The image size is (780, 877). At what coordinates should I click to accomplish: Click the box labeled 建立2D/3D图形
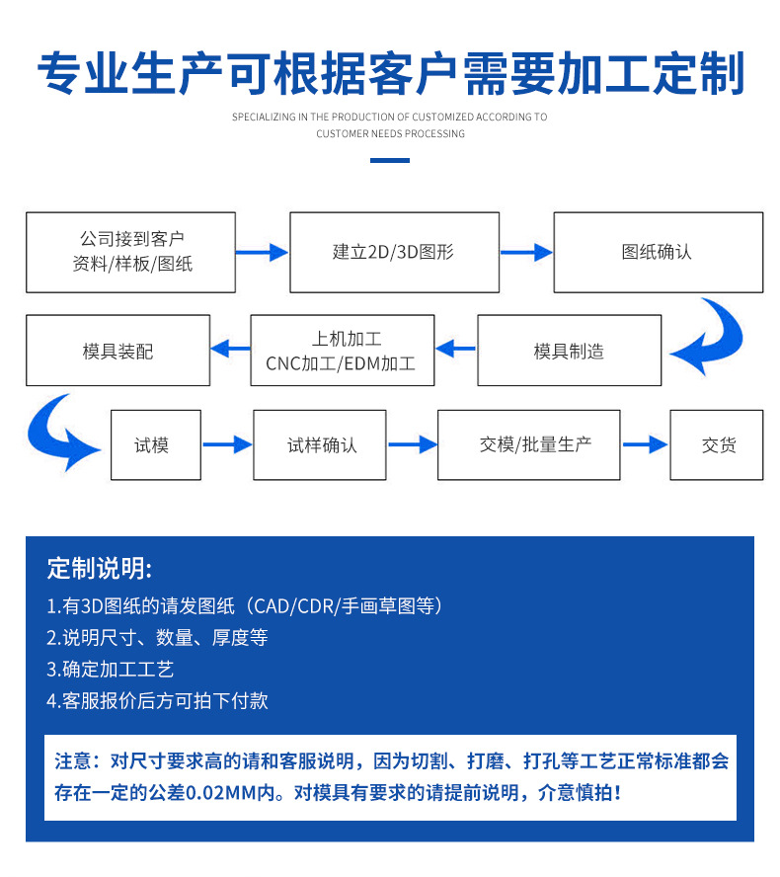pos(394,252)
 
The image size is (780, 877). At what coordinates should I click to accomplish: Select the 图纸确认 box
pos(658,252)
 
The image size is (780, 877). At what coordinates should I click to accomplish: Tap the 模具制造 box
pos(569,351)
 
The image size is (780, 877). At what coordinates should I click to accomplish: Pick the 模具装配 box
pos(117,351)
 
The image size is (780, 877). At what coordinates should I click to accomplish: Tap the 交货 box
pos(718,445)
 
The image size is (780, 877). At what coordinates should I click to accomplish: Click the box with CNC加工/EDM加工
pos(341,351)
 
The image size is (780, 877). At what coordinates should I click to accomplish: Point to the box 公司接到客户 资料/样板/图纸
pos(130,252)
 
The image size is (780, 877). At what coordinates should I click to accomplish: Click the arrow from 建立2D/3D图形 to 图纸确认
pos(525,252)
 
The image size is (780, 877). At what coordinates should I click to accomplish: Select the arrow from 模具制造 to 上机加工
pos(456,348)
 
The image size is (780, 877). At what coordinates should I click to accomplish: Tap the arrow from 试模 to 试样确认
pos(227,445)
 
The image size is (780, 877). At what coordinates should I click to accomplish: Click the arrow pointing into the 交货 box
pos(645,445)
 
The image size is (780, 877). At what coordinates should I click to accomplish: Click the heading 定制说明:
pos(100,569)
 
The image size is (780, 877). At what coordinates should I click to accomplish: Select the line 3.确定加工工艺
pos(111,669)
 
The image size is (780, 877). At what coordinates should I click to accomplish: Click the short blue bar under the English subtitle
pos(389,160)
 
